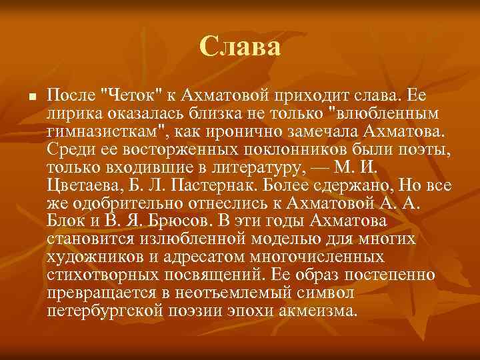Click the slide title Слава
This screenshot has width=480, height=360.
coord(240,47)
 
